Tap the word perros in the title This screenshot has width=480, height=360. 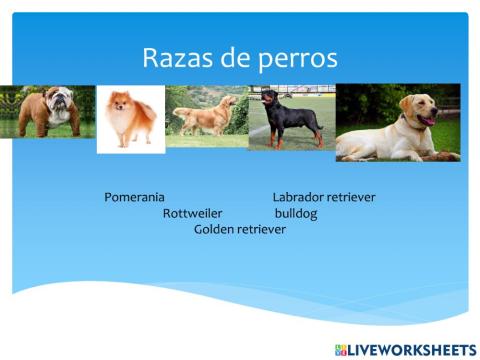pyautogui.click(x=297, y=59)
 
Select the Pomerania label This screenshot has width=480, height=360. pyautogui.click(x=134, y=197)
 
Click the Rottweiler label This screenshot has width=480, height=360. pyautogui.click(x=192, y=213)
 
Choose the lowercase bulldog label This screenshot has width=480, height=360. pyautogui.click(x=296, y=213)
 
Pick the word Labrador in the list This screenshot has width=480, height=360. pyautogui.click(x=298, y=197)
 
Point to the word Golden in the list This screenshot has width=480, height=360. pyautogui.click(x=214, y=229)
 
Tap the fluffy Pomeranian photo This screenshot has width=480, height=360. pyautogui.click(x=130, y=118)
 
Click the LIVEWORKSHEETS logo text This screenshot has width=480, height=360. pyautogui.click(x=412, y=349)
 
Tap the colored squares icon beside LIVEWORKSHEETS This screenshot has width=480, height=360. pyautogui.click(x=340, y=349)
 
